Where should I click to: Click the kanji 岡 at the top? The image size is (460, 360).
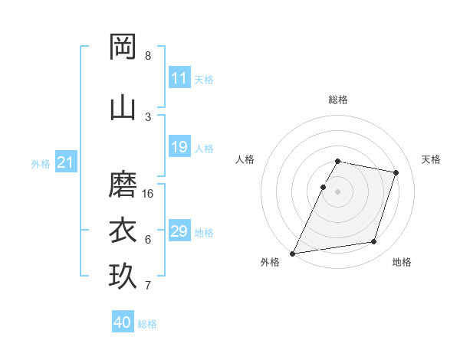click(x=123, y=47)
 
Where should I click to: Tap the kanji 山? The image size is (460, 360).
click(x=123, y=107)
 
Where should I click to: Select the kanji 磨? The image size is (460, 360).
click(x=123, y=185)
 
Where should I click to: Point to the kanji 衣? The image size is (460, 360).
click(x=123, y=230)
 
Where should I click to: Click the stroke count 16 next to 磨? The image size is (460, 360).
click(x=149, y=194)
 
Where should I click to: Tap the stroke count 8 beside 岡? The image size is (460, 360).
click(x=148, y=56)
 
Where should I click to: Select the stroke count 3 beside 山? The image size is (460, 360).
click(x=148, y=116)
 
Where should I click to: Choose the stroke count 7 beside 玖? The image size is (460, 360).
click(x=148, y=286)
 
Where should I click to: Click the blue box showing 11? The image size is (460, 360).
click(x=179, y=78)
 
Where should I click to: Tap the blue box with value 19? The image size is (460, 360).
click(x=179, y=147)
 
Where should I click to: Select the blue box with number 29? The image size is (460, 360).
click(x=179, y=231)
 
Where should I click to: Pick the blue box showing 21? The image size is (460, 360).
click(x=66, y=162)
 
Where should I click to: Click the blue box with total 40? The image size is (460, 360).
click(x=123, y=322)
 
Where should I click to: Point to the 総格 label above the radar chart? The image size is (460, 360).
click(x=338, y=100)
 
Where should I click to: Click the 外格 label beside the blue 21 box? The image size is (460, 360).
click(x=41, y=163)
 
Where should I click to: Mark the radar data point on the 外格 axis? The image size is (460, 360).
click(x=293, y=254)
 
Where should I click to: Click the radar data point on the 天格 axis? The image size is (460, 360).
click(x=396, y=172)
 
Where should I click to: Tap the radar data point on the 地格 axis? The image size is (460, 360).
click(x=374, y=242)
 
